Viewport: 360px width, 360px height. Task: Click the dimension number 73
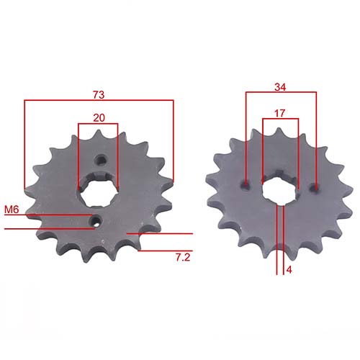[x=99, y=94]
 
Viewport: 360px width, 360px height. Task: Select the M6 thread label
[x=11, y=210]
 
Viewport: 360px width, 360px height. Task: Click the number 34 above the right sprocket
[x=281, y=87]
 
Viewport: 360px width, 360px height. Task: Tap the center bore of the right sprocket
[x=279, y=189]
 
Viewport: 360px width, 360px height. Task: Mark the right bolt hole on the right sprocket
[x=314, y=187]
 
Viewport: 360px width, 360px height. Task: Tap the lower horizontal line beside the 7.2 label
[x=166, y=250]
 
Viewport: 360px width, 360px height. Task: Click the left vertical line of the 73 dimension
[x=24, y=144]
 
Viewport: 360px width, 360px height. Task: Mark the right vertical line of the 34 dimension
[x=316, y=137]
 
